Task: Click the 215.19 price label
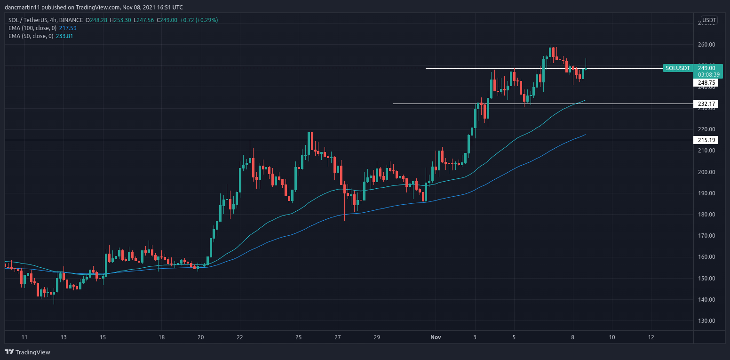click(x=706, y=140)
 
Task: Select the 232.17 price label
click(x=706, y=104)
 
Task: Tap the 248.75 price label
click(x=706, y=83)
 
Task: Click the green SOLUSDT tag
click(x=678, y=68)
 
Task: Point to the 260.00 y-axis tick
click(x=706, y=45)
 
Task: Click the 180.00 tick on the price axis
click(x=706, y=215)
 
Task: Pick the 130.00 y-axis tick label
click(x=706, y=321)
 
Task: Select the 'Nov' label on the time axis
click(x=436, y=337)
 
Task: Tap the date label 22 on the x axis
click(x=239, y=337)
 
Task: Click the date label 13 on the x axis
click(x=63, y=337)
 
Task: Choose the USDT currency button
click(x=709, y=20)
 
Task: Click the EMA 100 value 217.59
click(x=67, y=28)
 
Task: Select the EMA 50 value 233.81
click(x=64, y=36)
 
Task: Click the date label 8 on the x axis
click(x=573, y=337)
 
